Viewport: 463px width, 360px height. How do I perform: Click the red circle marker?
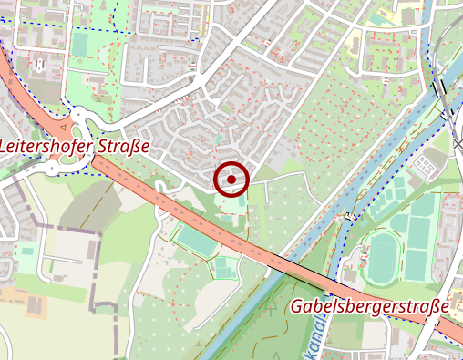(231, 180)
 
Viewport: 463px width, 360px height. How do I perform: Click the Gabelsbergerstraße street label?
(370, 306)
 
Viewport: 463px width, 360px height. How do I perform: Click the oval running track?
(381, 257)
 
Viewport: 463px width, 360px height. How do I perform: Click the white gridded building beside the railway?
(426, 165)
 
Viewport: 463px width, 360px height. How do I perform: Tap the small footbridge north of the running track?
(349, 217)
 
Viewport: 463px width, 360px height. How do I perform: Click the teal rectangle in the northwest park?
(79, 44)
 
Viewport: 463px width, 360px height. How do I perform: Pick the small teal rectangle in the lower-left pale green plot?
(26, 251)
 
